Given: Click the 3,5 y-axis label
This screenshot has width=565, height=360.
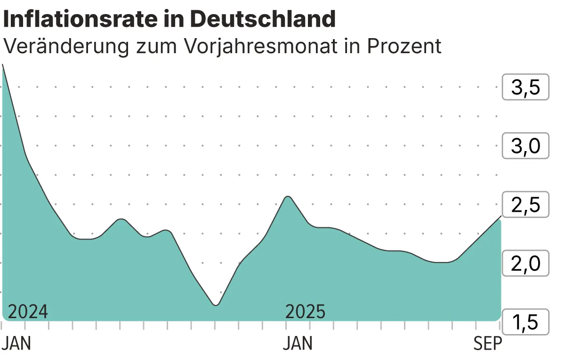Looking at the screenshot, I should point(525,87).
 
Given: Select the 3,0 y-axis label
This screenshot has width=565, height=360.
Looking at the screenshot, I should point(525,146).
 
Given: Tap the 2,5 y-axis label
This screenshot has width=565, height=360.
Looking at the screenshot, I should point(525,205).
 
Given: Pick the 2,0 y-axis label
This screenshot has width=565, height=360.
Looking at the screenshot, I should point(525,264).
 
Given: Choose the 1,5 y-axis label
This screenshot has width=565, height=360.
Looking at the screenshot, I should point(525,323).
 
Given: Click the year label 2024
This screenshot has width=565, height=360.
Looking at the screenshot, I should point(28,312).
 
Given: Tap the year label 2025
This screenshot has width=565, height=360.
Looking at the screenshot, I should point(306,312).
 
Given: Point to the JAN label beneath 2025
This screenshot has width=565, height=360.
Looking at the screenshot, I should point(298,344).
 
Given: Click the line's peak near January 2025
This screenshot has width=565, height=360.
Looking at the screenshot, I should point(288,196).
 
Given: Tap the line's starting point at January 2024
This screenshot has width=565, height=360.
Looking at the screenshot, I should point(3,64).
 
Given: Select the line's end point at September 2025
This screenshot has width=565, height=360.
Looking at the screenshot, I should point(500,216).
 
